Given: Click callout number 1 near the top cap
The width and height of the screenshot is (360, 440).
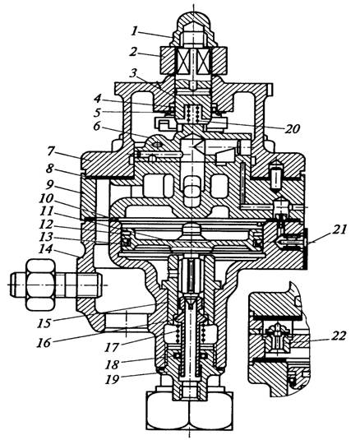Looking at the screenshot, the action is pos(135,31).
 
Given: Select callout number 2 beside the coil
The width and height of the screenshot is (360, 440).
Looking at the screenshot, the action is pos(134,52).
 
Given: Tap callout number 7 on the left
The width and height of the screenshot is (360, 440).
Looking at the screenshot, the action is pos(50,151).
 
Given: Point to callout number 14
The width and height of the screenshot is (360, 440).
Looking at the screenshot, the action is pos(46,249).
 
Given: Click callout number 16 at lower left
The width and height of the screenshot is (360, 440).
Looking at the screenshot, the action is pos(44,342).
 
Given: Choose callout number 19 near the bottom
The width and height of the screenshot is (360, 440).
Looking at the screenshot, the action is pos(112,379).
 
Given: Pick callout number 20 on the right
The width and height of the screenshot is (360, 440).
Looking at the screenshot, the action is pos(293,128).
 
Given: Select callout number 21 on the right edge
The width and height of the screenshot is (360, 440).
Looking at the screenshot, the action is pos(339,229).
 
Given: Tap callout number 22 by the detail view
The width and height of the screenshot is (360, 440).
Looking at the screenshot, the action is pos(339,336).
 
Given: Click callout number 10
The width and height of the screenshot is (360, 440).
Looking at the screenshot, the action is pos(46,198).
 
